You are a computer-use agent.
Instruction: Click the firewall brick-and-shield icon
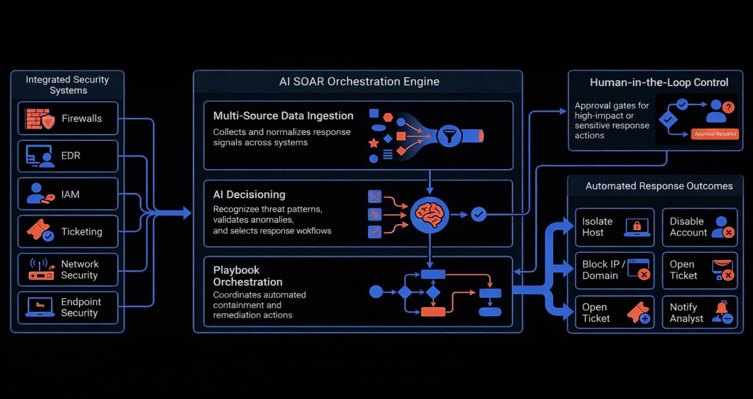click(40, 119)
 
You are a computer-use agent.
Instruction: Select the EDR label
click(71, 156)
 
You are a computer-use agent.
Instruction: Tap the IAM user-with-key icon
click(40, 193)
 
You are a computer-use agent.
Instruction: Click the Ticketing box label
click(81, 232)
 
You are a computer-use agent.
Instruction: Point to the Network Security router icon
click(41, 270)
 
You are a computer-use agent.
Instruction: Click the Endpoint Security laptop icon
click(40, 307)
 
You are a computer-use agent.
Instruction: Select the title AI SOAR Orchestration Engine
click(359, 82)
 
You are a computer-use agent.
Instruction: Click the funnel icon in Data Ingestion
click(449, 136)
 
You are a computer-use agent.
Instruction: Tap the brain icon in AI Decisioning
click(430, 214)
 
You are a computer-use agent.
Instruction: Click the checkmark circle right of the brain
click(478, 214)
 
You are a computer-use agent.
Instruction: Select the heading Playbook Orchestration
click(248, 276)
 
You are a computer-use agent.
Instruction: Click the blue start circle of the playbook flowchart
click(376, 292)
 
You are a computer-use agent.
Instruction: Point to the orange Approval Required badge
click(715, 134)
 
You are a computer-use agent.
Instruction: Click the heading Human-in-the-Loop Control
click(659, 83)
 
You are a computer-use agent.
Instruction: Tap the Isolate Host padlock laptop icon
click(637, 227)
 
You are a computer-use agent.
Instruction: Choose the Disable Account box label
click(688, 227)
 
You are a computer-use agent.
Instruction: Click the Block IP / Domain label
click(603, 270)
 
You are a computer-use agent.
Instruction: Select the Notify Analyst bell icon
click(723, 312)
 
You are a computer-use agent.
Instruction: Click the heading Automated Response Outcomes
click(659, 186)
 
